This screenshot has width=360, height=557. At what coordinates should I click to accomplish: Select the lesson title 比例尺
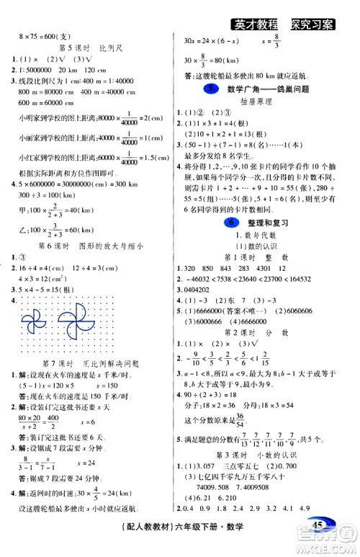[x=108, y=48]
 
